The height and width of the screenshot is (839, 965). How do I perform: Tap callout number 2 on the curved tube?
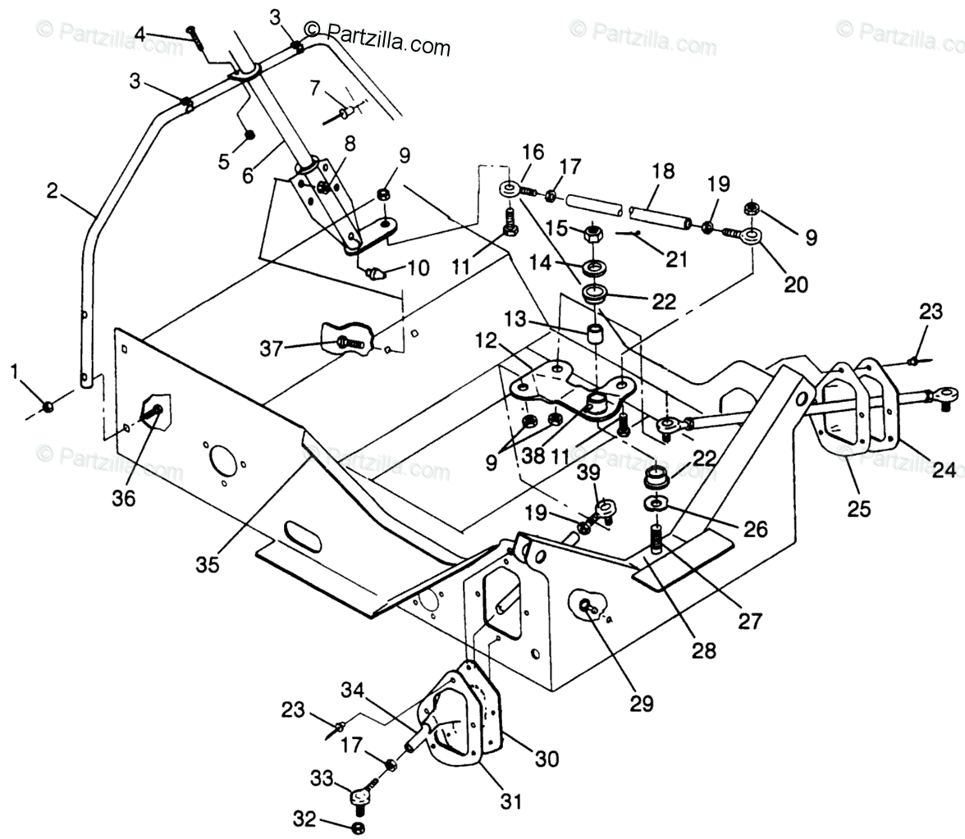[53, 191]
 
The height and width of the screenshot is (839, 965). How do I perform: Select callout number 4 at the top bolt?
[140, 34]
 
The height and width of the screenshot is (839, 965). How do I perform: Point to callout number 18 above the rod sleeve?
[663, 172]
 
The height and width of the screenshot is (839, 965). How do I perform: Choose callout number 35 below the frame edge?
[208, 565]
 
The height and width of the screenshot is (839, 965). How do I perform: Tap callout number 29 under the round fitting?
[642, 703]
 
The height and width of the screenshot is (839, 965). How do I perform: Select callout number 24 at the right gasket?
[944, 470]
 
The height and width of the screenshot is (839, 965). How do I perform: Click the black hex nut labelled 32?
[358, 827]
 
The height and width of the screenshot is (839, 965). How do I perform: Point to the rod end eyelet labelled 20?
[749, 236]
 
